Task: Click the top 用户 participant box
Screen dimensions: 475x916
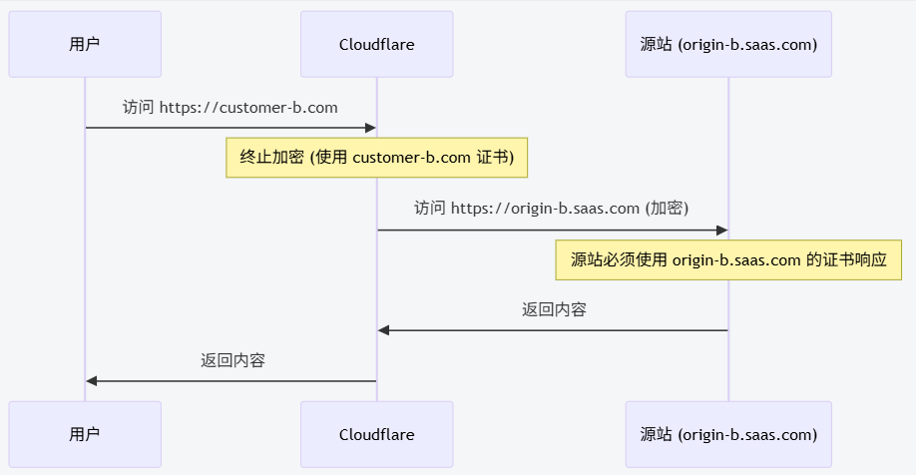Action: tap(85, 44)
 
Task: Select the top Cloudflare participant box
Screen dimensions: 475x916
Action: tap(376, 44)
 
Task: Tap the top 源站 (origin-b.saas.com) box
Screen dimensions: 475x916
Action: tap(728, 44)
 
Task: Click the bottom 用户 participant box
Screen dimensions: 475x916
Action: tap(85, 434)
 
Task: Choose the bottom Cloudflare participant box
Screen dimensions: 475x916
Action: tap(376, 434)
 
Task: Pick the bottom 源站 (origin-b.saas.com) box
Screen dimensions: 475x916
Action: tap(728, 434)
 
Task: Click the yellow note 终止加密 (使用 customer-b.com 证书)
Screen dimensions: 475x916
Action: tap(376, 158)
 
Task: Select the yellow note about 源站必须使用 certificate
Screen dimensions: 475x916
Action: tap(728, 259)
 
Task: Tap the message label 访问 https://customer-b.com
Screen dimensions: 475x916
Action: tap(229, 107)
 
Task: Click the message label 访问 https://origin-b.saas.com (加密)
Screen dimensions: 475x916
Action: tap(552, 208)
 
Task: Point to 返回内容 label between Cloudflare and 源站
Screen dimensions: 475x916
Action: tap(554, 309)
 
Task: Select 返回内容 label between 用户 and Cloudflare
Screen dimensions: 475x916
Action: tap(232, 360)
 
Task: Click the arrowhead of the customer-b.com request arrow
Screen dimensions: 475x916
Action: tap(370, 128)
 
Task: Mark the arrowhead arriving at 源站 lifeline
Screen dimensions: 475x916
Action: tap(722, 231)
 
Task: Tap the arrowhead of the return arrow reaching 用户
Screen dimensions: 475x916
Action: tap(92, 381)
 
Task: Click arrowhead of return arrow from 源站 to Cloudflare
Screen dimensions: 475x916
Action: tap(383, 330)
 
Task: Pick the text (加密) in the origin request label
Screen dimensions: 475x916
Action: tap(667, 208)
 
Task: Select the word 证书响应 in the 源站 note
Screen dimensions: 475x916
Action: tap(855, 259)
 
